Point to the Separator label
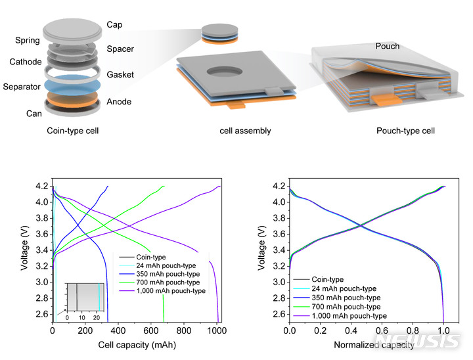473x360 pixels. tap(21, 87)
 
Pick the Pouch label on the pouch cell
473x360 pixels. tap(387, 47)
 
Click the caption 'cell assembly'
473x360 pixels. tap(246, 131)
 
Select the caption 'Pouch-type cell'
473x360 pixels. tap(405, 131)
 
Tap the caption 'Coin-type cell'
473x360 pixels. tap(73, 131)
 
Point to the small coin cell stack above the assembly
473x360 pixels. tap(215, 33)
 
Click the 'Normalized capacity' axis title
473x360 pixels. tap(372, 344)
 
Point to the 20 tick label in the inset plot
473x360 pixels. tap(97, 318)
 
